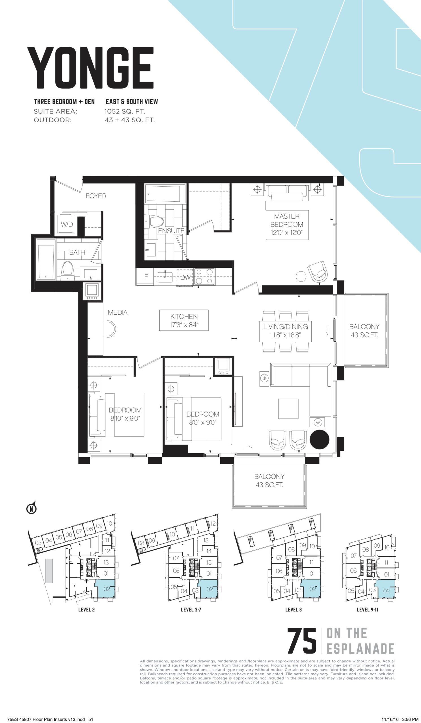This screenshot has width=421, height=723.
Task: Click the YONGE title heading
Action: click(x=90, y=69)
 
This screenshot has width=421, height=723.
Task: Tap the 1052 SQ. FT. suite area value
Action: click(x=125, y=111)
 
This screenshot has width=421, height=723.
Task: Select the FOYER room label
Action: click(x=96, y=196)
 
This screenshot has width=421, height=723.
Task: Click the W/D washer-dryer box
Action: click(x=67, y=224)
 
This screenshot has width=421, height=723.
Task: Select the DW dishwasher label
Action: click(x=185, y=277)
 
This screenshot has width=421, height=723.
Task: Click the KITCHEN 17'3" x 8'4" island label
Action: click(x=184, y=321)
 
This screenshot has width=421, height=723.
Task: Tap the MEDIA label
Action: click(x=117, y=312)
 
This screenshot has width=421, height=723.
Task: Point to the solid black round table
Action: click(x=319, y=439)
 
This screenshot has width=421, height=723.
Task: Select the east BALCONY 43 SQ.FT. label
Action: click(x=364, y=330)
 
